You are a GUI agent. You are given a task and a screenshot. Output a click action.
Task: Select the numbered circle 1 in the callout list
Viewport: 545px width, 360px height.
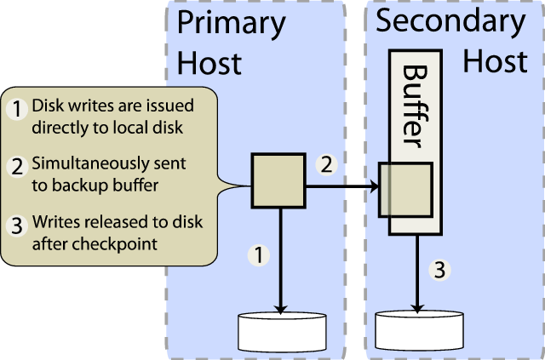[17, 109]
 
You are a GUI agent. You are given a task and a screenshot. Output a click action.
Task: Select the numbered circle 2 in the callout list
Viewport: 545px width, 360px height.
[17, 167]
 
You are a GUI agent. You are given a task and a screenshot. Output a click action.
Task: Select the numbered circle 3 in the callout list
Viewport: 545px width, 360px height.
[17, 226]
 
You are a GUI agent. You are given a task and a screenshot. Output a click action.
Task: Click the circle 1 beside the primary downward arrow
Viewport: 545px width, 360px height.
[259, 253]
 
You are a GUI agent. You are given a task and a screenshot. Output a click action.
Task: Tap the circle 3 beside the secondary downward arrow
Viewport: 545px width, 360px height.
[439, 271]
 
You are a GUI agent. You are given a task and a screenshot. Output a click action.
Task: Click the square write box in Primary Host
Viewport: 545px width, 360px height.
[278, 180]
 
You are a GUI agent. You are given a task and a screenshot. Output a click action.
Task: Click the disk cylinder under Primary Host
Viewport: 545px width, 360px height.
[281, 333]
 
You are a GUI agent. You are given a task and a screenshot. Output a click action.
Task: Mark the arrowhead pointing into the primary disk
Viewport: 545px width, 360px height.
[279, 308]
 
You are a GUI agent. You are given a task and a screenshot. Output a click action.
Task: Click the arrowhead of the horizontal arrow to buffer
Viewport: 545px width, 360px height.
[375, 186]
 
